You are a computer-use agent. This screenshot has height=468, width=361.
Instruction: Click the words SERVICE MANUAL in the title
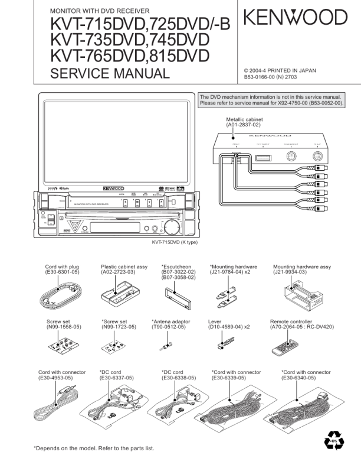(110, 74)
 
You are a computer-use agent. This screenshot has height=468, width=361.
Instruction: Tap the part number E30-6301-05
(64, 272)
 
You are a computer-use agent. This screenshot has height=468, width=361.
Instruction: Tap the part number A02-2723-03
(119, 272)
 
